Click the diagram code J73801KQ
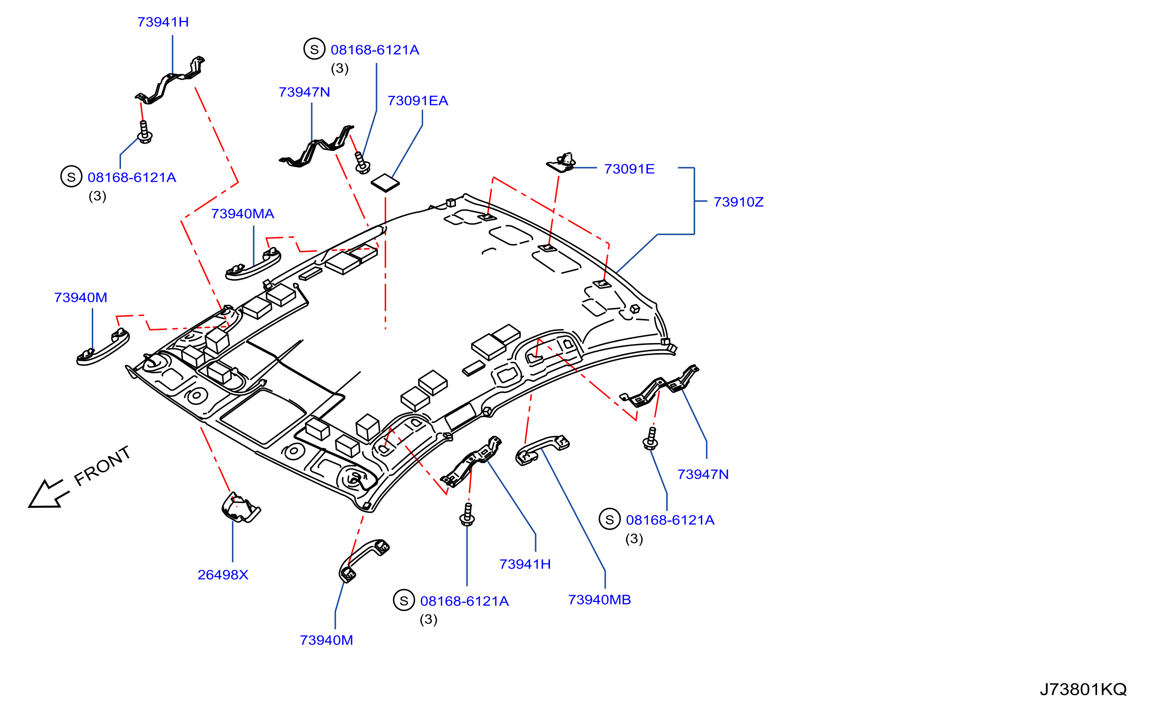tap(1083, 689)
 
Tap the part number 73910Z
tap(738, 202)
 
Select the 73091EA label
tap(417, 101)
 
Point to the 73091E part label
tap(629, 169)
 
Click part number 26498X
tap(223, 575)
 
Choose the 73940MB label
tap(599, 600)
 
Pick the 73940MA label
tap(243, 214)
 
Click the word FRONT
tap(102, 466)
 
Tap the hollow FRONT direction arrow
tap(48, 493)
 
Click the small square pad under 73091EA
tap(385, 183)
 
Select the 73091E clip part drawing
tap(561, 162)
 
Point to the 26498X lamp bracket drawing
tap(241, 507)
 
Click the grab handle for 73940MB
tap(542, 450)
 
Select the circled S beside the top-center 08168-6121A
tap(315, 49)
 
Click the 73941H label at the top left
tap(163, 22)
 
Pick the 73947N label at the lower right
tap(703, 474)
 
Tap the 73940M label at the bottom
tap(327, 640)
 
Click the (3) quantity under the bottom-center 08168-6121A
tap(428, 619)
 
